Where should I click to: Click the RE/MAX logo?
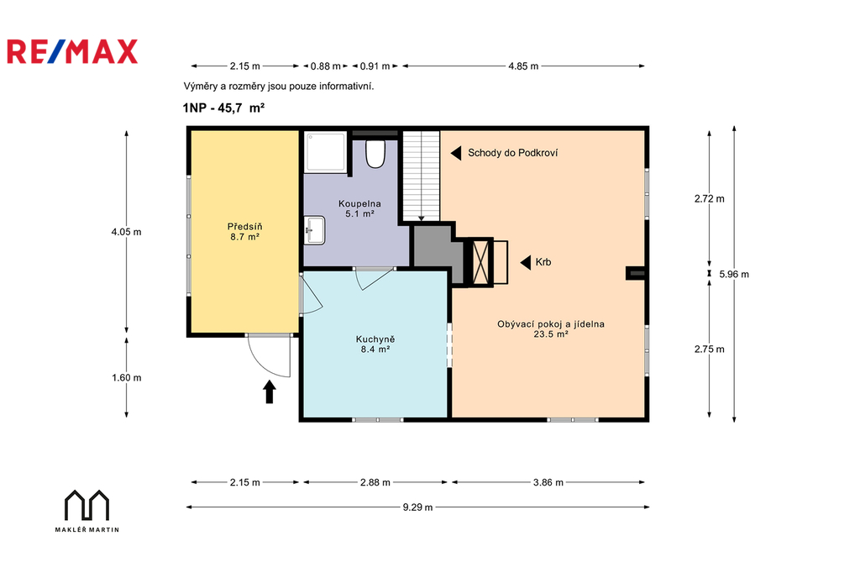pos(72,51)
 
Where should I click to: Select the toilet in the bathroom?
pos(375,154)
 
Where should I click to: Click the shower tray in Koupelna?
pos(326,151)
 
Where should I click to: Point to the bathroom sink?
pos(315,230)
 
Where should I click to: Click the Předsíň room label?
pos(244,232)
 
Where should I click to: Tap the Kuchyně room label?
pos(375,344)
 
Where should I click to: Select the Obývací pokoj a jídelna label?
pos(551,329)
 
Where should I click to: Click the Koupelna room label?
pos(359,208)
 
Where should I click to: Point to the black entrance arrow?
pos(270,392)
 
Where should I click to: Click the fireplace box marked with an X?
pos(481,262)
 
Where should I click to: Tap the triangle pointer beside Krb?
pos(526,262)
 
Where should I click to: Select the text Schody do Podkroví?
pos(513,153)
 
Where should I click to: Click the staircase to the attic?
pos(422,176)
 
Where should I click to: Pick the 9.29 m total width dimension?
pos(417,507)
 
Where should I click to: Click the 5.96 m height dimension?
pos(734,274)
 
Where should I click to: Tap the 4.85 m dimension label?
pos(523,66)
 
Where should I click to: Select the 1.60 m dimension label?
pos(127,377)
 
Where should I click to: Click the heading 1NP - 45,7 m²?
pos(223,108)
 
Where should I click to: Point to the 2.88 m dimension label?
pos(375,482)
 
